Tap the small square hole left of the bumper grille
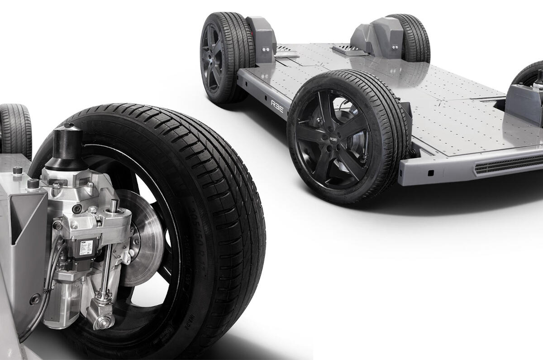(431, 172)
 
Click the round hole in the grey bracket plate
(34, 299)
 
